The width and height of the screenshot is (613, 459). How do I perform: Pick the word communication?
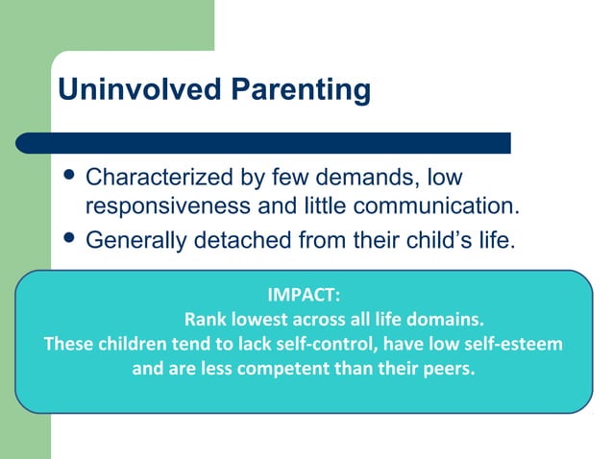tap(435, 206)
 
